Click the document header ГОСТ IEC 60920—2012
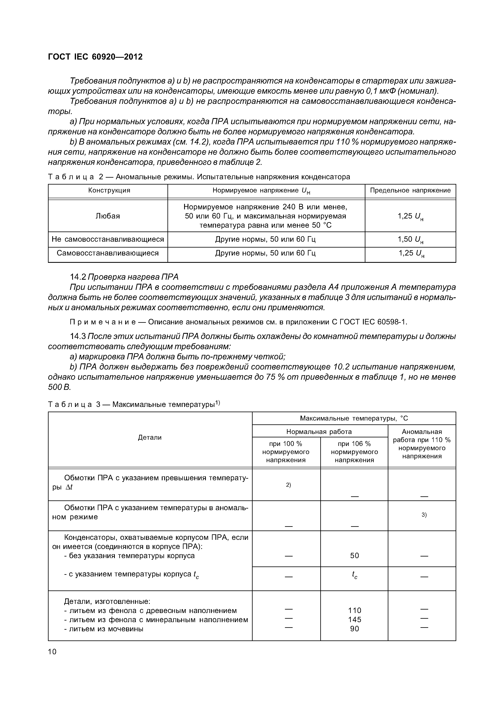click(x=95, y=57)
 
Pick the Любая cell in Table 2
click(x=108, y=216)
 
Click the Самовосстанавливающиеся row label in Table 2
click(x=108, y=253)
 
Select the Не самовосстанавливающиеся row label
click(x=108, y=239)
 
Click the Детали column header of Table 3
click(x=150, y=438)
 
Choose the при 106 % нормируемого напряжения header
click(x=354, y=452)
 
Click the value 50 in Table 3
click(x=354, y=555)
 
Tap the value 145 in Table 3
click(x=354, y=620)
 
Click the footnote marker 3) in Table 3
click(x=424, y=515)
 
